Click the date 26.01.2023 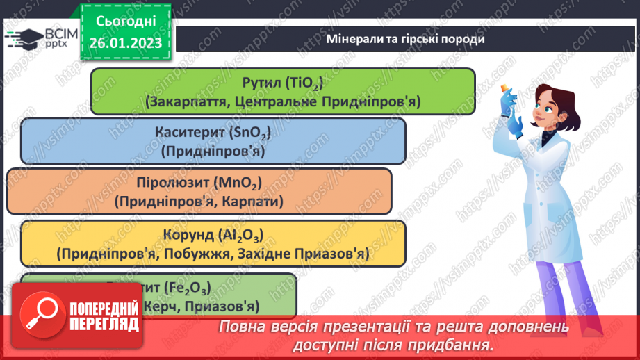126,43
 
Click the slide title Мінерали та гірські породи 405,39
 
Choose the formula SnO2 247,133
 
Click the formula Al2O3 243,235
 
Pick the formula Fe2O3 189,287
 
